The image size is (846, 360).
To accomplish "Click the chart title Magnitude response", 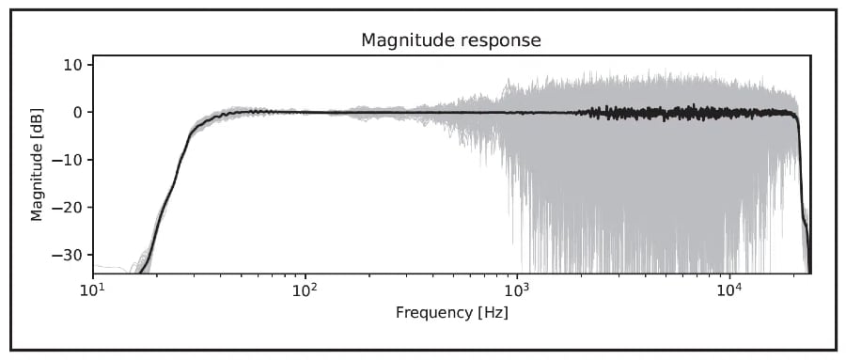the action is pyautogui.click(x=451, y=39).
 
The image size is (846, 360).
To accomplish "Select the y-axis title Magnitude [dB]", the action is pyautogui.click(x=37, y=164).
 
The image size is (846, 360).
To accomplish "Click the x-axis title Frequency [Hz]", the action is pyautogui.click(x=451, y=312).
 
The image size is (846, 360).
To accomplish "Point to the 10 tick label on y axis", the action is pyautogui.click(x=71, y=65).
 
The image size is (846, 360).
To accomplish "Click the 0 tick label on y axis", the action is pyautogui.click(x=76, y=112).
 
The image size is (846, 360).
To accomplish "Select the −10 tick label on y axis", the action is pyautogui.click(x=66, y=160).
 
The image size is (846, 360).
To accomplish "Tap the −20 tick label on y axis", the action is pyautogui.click(x=66, y=207).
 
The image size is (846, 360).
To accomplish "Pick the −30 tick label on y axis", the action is pyautogui.click(x=66, y=255).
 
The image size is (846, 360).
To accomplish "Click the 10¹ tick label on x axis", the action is pyautogui.click(x=93, y=289).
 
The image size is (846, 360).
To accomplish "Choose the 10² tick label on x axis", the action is pyautogui.click(x=305, y=289).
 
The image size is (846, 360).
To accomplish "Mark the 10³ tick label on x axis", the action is pyautogui.click(x=517, y=289).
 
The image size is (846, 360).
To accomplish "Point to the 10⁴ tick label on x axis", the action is pyautogui.click(x=730, y=289).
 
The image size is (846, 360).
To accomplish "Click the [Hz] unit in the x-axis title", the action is pyautogui.click(x=493, y=313).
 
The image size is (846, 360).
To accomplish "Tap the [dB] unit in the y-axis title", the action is pyautogui.click(x=37, y=123).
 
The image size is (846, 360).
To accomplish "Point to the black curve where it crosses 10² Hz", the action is pyautogui.click(x=305, y=112).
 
